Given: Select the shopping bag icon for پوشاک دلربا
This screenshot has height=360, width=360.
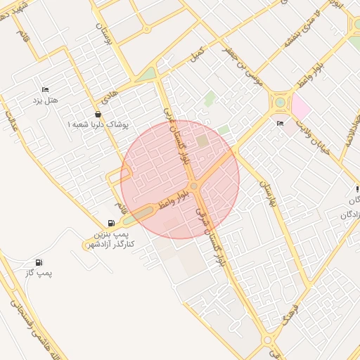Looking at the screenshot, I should [x=97, y=115].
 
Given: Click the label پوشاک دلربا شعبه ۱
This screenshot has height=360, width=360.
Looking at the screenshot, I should [x=98, y=124].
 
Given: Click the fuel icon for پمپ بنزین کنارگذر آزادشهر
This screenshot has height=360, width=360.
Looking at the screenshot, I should [x=110, y=223].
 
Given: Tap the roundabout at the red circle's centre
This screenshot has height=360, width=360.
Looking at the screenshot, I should [x=193, y=186].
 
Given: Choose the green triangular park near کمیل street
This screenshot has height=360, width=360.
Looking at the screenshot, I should [x=148, y=73].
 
